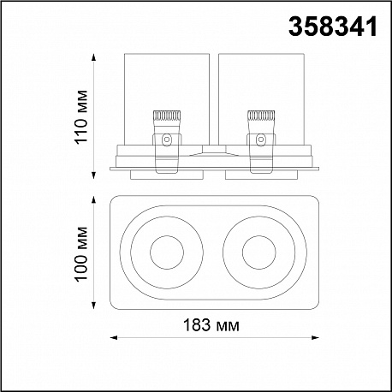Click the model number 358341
click(x=333, y=27)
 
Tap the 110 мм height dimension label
click(x=80, y=117)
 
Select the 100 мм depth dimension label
click(x=80, y=254)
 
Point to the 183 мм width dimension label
click(x=211, y=325)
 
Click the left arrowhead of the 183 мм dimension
click(x=114, y=338)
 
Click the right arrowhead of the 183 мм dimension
click(x=315, y=338)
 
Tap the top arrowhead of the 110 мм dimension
click(x=93, y=57)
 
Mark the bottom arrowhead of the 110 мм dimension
click(x=93, y=175)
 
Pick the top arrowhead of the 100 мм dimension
click(x=93, y=199)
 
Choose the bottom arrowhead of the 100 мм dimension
click(x=93, y=306)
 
